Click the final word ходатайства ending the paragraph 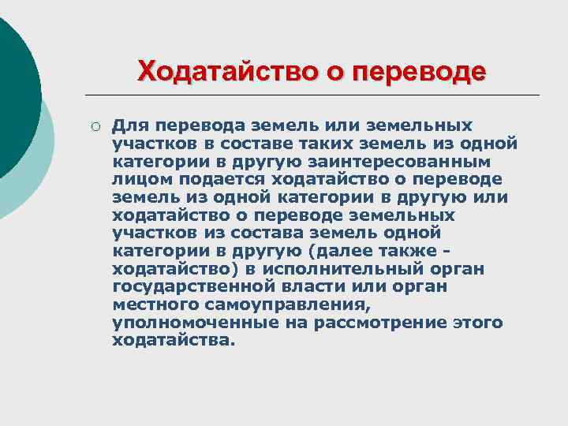pyautogui.click(x=174, y=341)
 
